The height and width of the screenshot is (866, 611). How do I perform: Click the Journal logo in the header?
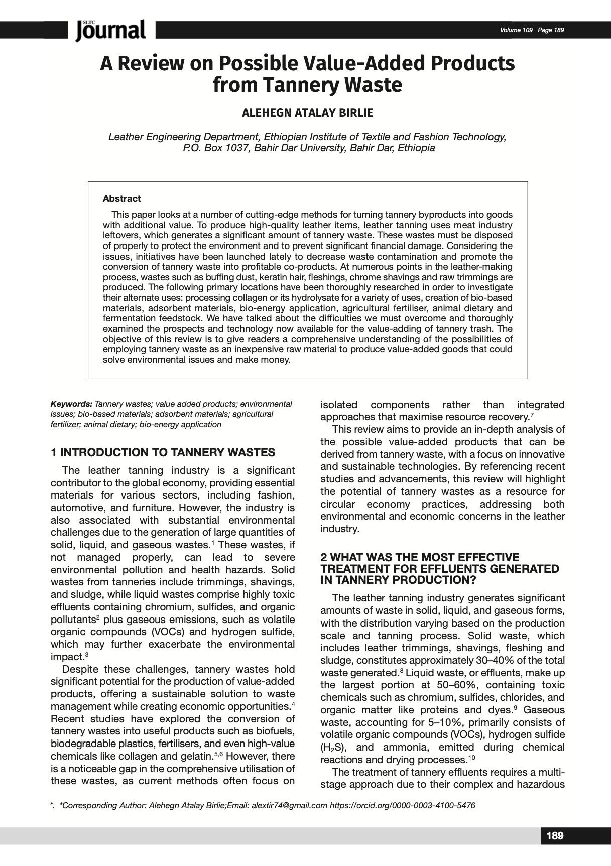pos(111,30)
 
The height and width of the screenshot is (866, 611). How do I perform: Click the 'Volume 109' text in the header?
pos(516,30)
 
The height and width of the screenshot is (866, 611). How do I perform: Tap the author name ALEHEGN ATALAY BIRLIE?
pos(307,113)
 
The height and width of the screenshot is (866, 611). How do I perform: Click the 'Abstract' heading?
pos(121,199)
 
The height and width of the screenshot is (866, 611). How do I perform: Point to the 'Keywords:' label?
pos(71,404)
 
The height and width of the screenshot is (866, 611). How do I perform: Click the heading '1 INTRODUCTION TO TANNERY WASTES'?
pos(163,453)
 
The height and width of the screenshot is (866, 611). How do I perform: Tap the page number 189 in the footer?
pos(554,836)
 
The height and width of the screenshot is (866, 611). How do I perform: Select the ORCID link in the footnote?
pos(402,806)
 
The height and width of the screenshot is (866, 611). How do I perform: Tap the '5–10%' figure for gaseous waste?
pos(448,722)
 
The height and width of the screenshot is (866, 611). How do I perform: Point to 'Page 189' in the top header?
pos(550,30)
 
